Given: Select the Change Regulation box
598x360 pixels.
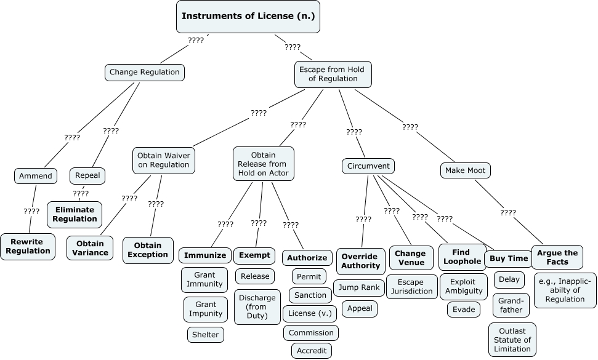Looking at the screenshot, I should tap(145, 73).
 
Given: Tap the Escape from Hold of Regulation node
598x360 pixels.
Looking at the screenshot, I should tap(332, 74).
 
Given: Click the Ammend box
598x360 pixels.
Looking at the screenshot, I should tap(36, 176).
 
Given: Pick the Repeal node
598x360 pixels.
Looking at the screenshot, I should tap(87, 175).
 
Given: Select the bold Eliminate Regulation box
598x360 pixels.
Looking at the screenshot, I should tap(75, 214).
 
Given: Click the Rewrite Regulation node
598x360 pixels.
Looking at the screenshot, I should tap(28, 246).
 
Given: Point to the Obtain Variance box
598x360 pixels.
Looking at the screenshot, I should tap(90, 248).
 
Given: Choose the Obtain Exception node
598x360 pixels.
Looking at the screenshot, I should tap(148, 250).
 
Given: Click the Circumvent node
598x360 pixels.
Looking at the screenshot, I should tap(368, 166).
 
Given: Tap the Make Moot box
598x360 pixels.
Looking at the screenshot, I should tap(466, 170).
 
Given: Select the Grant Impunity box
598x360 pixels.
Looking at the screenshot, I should tap(205, 309).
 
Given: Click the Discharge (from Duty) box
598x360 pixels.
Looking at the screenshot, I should tap(257, 307).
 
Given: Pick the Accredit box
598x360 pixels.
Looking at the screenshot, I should tap(312, 351).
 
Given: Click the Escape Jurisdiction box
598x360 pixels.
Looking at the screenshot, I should tap(411, 287).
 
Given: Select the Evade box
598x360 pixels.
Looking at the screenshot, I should tap(464, 310).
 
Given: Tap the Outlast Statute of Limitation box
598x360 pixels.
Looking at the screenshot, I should tap(511, 340).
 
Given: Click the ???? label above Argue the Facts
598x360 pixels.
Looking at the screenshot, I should tap(508, 212).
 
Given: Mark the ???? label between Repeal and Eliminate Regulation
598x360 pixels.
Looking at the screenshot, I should tap(81, 193).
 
